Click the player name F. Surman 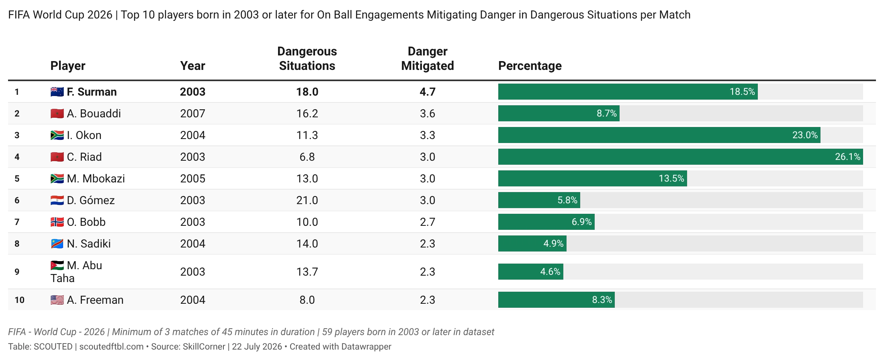pos(92,92)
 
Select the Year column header pos(192,66)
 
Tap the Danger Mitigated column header pos(428,59)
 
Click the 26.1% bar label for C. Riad pos(847,157)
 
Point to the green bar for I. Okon pos(659,135)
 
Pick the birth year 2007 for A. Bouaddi pos(192,114)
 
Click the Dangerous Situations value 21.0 pos(307,200)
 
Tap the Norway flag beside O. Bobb pos(57,222)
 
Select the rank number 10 pos(19,300)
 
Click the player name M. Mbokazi pos(96,179)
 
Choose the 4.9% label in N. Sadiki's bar pos(553,243)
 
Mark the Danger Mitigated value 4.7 pos(428,92)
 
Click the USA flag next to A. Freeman pos(57,300)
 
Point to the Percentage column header pos(530,66)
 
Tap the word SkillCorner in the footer pos(204,347)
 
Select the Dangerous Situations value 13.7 pos(307,272)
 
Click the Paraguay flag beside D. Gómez pos(57,200)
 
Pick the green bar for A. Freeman pos(557,300)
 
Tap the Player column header pos(68,66)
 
